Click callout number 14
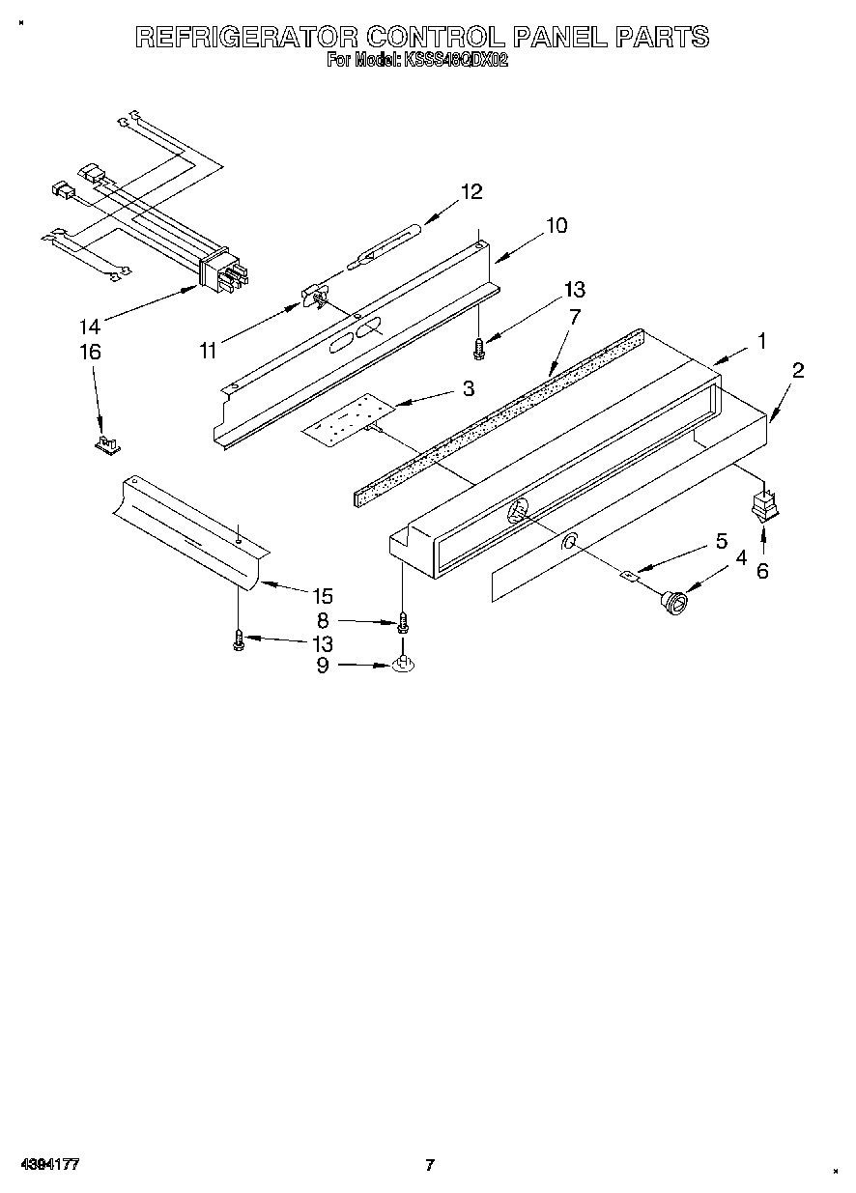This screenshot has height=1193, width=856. tap(89, 327)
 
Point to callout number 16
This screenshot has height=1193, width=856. tap(89, 353)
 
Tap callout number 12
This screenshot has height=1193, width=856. tap(471, 191)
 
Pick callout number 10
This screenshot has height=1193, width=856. tap(556, 226)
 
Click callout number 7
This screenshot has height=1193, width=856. tap(574, 316)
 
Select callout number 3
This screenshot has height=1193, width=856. tap(468, 388)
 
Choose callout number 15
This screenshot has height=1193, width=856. tap(323, 596)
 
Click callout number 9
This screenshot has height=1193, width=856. tap(323, 665)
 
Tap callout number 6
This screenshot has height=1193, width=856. tap(762, 571)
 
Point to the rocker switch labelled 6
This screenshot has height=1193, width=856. tap(765, 505)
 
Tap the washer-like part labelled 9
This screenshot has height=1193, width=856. tap(403, 666)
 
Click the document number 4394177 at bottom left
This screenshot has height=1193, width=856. tap(49, 1165)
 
